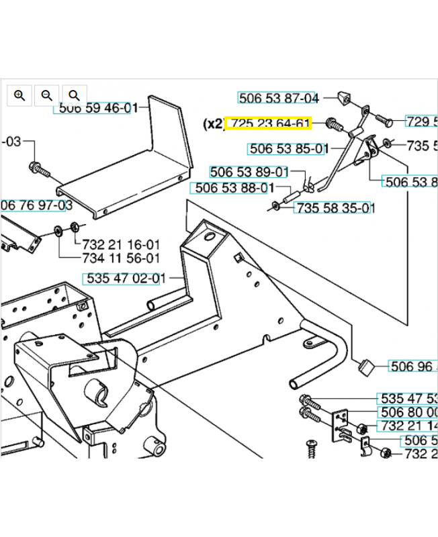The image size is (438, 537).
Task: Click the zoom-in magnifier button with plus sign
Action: click(19, 95)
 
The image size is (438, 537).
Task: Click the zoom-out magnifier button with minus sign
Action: click(46, 95)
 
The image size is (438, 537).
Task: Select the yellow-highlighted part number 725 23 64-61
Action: click(268, 124)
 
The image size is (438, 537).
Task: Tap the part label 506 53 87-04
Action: click(278, 98)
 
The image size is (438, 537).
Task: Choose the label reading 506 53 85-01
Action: click(288, 148)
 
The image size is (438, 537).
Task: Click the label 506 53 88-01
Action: click(232, 188)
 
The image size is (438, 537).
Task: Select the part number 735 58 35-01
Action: click(335, 208)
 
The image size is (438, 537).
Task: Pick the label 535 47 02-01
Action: click(124, 278)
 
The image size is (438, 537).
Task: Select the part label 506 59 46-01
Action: click(94, 108)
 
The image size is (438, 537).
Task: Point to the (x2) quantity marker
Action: click(213, 124)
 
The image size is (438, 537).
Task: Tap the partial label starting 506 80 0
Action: click(409, 411)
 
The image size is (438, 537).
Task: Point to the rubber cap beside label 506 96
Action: click(367, 365)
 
